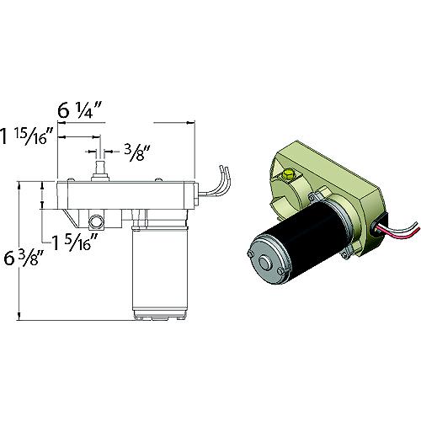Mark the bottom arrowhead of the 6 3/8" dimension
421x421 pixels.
point(20,318)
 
